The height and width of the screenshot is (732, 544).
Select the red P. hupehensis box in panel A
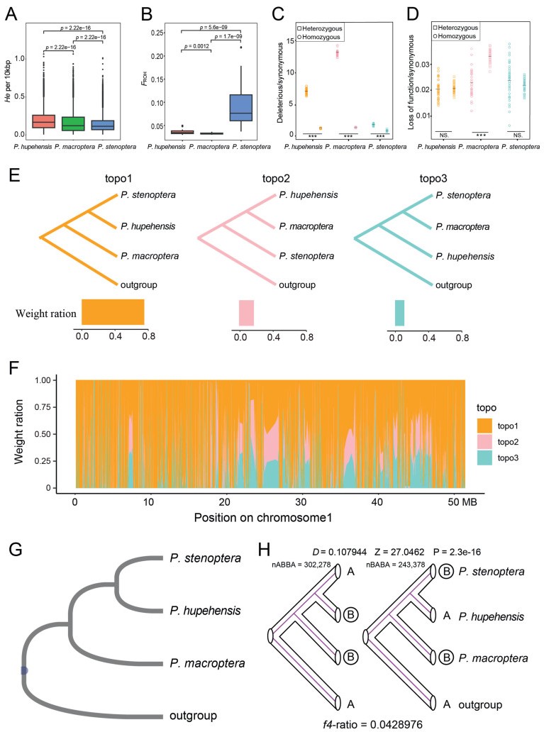point(44,121)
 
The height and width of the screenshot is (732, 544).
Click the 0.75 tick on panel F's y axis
point(46,408)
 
